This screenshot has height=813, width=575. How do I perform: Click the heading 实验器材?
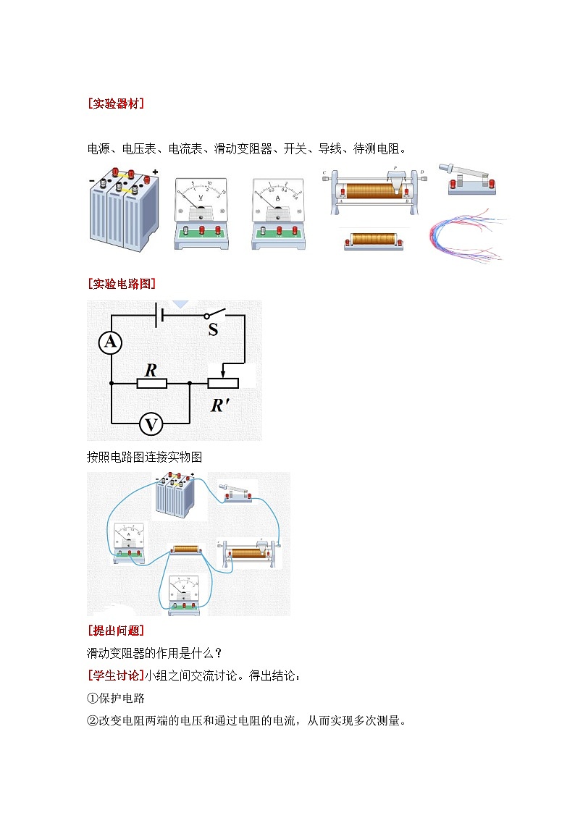coord(115,104)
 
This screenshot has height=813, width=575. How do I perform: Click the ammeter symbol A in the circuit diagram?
coord(111,342)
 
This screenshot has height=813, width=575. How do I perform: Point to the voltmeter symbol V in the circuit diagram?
coord(151,424)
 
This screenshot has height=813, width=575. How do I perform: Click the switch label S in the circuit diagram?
coord(213,331)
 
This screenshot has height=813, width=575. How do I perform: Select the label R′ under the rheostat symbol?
coord(220,406)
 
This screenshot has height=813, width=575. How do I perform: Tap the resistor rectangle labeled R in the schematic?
coord(152,383)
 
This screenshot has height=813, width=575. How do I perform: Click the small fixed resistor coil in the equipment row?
coord(373,240)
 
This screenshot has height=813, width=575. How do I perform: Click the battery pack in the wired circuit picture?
coord(177,496)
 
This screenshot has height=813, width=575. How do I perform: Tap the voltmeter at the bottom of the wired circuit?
coord(183,594)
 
